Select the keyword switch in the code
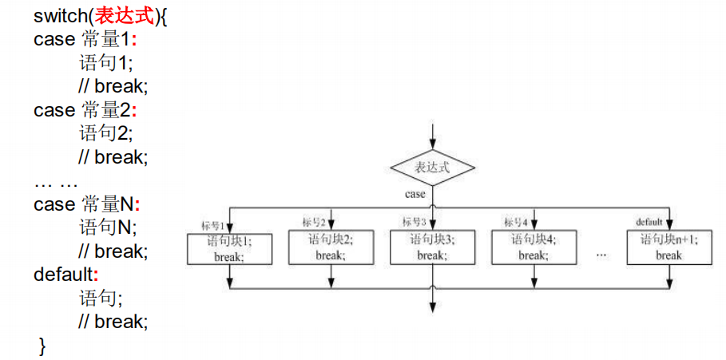click(58, 16)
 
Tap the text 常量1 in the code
click(105, 39)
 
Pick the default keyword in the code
click(62, 275)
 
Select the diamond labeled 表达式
click(432, 167)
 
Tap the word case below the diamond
click(415, 194)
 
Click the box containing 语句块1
click(229, 248)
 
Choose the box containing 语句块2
click(331, 247)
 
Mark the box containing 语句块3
click(431, 247)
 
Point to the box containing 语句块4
click(533, 247)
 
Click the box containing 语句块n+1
click(669, 247)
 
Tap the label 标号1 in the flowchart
click(213, 224)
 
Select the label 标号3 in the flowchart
click(415, 222)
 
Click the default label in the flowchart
click(649, 221)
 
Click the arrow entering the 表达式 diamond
click(432, 136)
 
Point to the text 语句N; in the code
click(108, 227)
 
